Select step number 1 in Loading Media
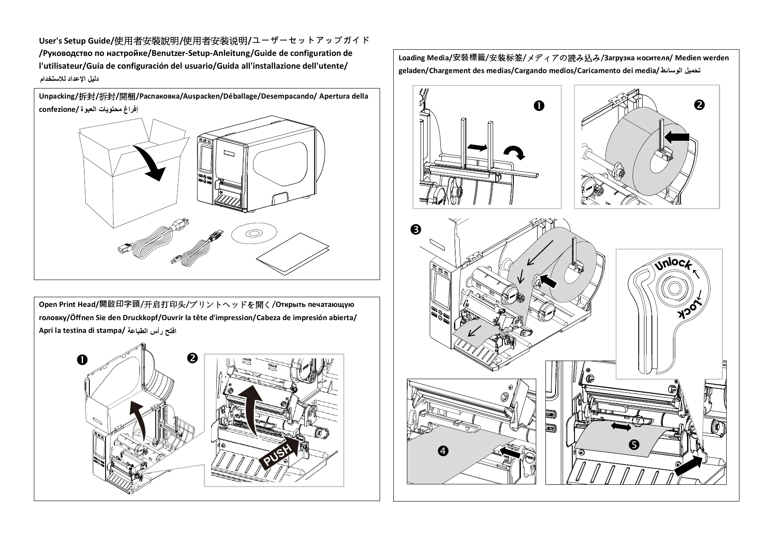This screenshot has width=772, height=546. click(x=538, y=106)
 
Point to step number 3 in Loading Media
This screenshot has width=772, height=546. click(x=415, y=229)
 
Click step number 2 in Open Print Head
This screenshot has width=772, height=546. click(x=192, y=358)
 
